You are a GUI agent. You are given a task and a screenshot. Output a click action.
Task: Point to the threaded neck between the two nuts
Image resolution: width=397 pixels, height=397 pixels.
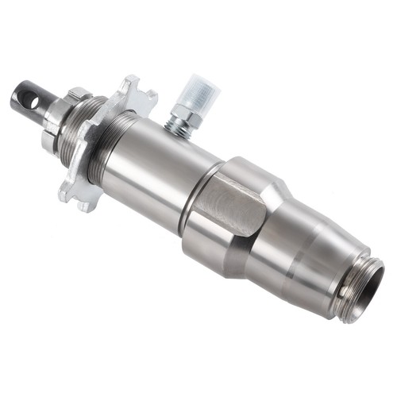pos(80,131)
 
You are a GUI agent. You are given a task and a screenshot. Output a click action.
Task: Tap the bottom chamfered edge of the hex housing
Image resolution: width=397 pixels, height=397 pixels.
pos(208,265)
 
